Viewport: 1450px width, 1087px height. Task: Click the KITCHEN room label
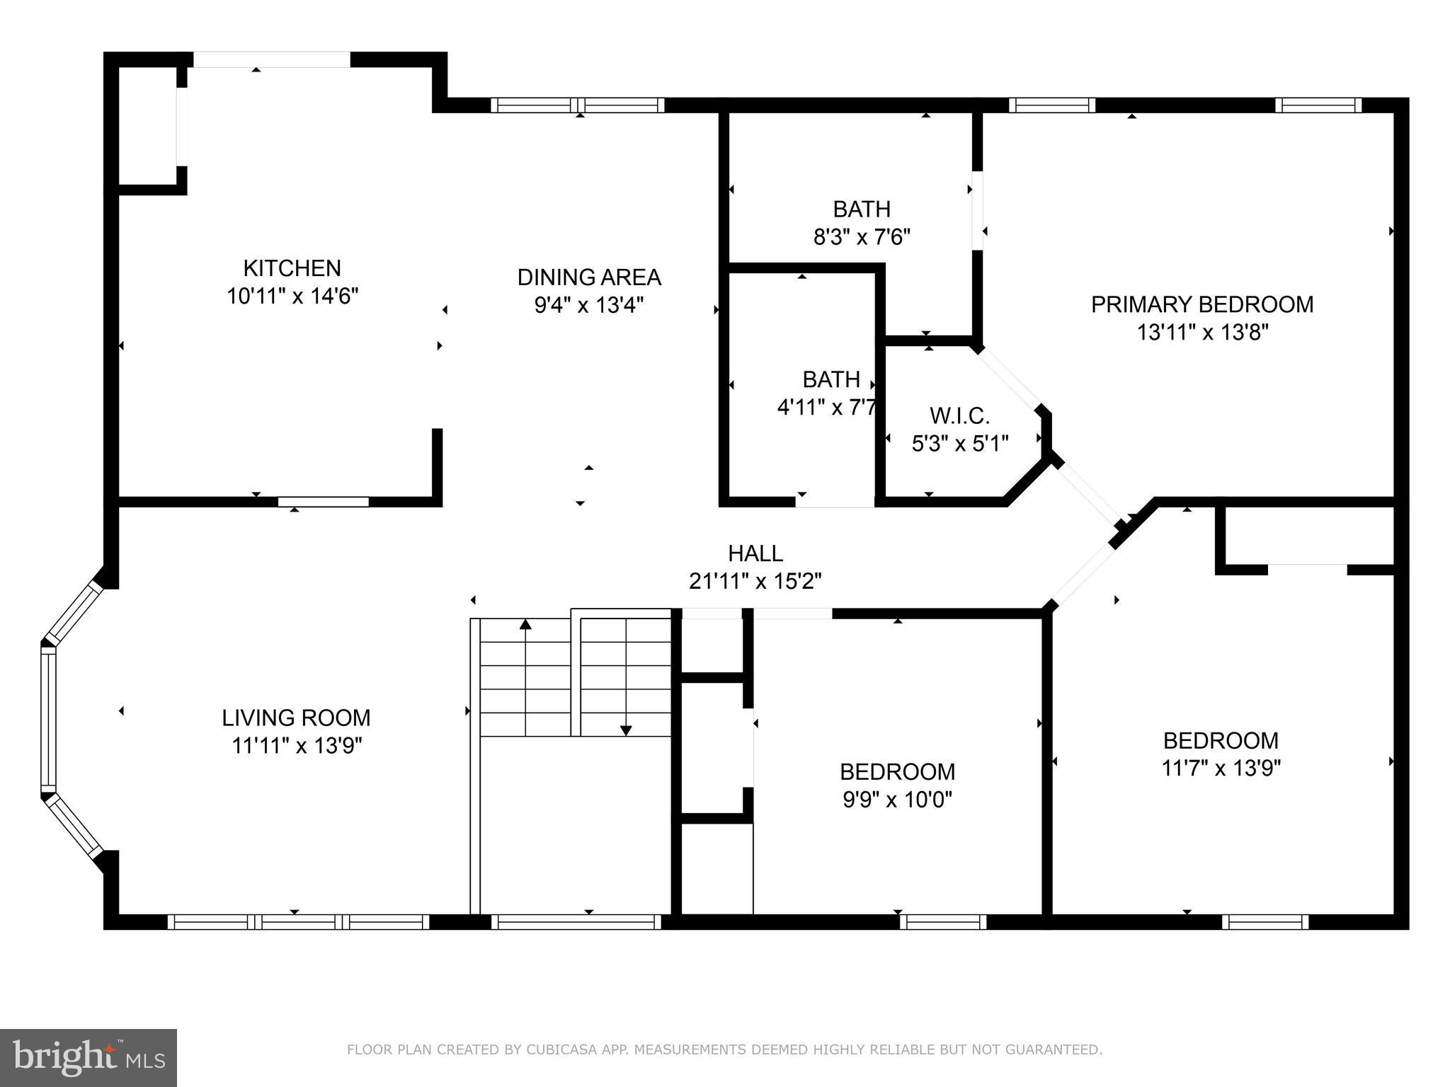point(292,268)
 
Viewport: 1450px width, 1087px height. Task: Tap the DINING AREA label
point(589,277)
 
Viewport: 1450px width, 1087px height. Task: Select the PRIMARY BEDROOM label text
point(1202,304)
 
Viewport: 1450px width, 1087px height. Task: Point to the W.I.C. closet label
point(959,415)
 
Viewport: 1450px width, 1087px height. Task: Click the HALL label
point(755,553)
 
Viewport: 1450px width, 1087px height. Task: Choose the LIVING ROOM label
point(296,718)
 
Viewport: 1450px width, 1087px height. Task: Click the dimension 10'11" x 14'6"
point(292,296)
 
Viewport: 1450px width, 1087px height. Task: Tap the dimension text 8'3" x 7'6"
point(862,236)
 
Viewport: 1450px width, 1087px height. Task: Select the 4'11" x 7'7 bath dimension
point(827,408)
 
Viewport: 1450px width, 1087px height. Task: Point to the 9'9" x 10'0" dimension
point(897,800)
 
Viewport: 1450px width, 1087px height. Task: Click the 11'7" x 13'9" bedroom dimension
point(1221,768)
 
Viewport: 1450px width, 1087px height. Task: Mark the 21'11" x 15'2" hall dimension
point(755,581)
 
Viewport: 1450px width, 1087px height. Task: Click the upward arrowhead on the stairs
point(525,624)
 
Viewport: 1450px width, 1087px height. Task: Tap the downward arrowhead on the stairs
point(626,730)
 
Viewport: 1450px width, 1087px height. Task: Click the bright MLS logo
point(89,1057)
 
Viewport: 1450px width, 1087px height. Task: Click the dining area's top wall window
point(578,105)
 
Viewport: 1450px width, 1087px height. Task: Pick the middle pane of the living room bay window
point(48,720)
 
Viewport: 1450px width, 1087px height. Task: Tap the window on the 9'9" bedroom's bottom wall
point(943,921)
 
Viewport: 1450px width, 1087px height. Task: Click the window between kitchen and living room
point(323,502)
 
